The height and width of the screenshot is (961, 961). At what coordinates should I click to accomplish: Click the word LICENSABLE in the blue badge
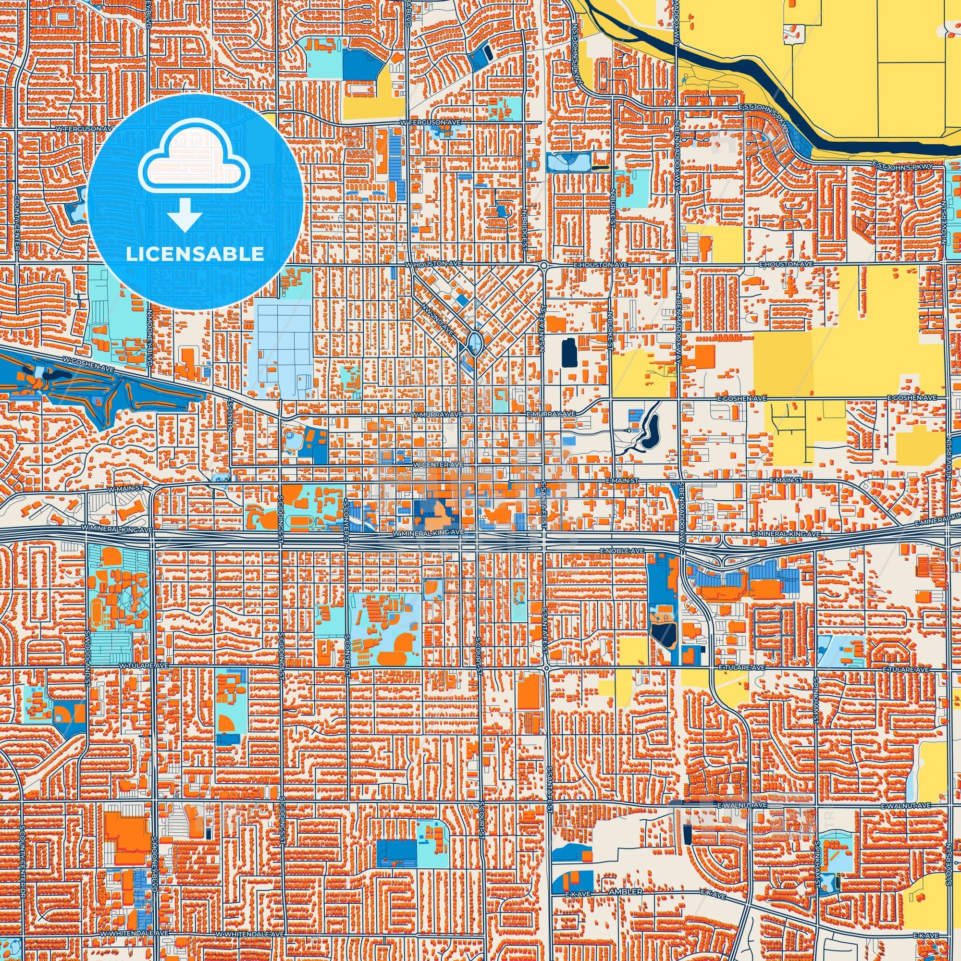195,254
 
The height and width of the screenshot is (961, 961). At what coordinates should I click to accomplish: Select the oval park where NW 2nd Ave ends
474,342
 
